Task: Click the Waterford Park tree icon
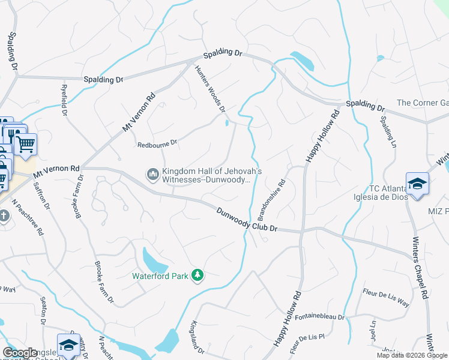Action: point(197,275)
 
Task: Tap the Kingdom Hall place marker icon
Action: point(152,175)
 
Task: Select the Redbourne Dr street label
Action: point(158,143)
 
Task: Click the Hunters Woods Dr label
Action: point(211,89)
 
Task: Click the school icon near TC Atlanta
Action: point(417,184)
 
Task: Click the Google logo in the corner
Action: point(20,353)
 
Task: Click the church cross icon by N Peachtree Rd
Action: point(4,215)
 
